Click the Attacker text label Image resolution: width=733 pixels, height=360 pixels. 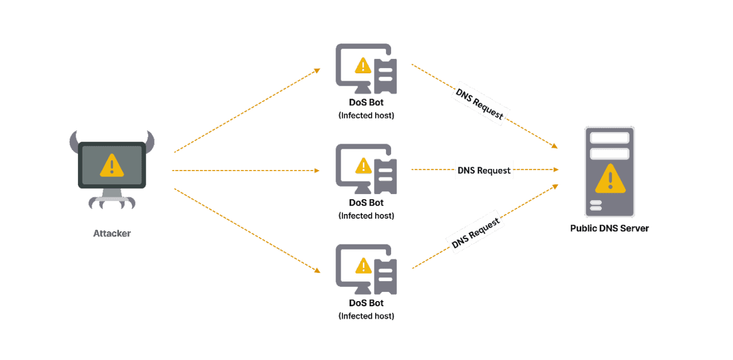click(x=112, y=234)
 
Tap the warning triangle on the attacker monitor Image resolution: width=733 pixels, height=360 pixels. click(x=112, y=165)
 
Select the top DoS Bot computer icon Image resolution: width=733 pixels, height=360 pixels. click(x=366, y=69)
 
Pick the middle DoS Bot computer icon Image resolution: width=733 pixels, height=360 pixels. click(x=366, y=169)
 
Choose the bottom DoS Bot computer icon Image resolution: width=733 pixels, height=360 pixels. click(x=366, y=269)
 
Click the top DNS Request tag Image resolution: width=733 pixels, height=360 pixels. click(x=480, y=104)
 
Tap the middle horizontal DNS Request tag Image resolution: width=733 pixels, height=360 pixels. click(x=484, y=170)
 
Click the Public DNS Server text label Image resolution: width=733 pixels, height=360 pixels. click(x=609, y=228)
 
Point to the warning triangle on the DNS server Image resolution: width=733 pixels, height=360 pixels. click(x=610, y=179)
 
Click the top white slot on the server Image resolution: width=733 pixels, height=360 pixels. click(x=609, y=138)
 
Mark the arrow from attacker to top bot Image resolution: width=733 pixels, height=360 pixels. click(x=246, y=110)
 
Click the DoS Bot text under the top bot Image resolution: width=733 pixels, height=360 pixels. click(x=366, y=103)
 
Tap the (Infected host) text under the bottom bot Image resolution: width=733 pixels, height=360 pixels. click(x=366, y=316)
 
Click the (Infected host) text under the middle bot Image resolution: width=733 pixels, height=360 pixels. click(x=366, y=216)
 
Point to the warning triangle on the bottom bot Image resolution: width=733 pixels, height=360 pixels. click(x=363, y=266)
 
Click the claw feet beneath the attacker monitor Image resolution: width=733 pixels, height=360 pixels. click(x=112, y=201)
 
